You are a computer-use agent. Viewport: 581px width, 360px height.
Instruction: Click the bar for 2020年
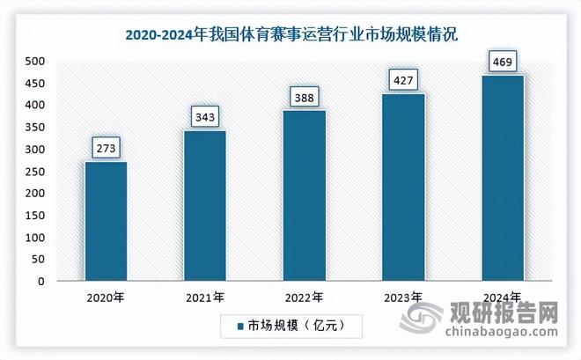(x=106, y=221)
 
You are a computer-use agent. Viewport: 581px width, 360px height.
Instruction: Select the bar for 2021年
(x=204, y=206)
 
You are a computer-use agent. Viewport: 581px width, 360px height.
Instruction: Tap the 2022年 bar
(x=304, y=195)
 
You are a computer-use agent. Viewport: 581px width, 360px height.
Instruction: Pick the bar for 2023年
(x=402, y=187)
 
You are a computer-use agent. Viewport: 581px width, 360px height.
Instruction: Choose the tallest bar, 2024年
(x=502, y=178)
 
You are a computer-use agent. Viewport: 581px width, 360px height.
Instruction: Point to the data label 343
(x=204, y=115)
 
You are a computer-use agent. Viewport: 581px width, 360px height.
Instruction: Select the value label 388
(x=304, y=95)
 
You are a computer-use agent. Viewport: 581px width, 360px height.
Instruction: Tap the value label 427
(x=402, y=78)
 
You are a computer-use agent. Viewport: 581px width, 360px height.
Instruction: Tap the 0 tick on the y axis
(x=41, y=282)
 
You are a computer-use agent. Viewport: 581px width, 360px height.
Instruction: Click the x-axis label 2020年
(x=106, y=298)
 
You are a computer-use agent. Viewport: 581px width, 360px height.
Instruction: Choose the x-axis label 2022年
(x=304, y=298)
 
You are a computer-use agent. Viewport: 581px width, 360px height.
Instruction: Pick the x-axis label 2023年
(x=402, y=298)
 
